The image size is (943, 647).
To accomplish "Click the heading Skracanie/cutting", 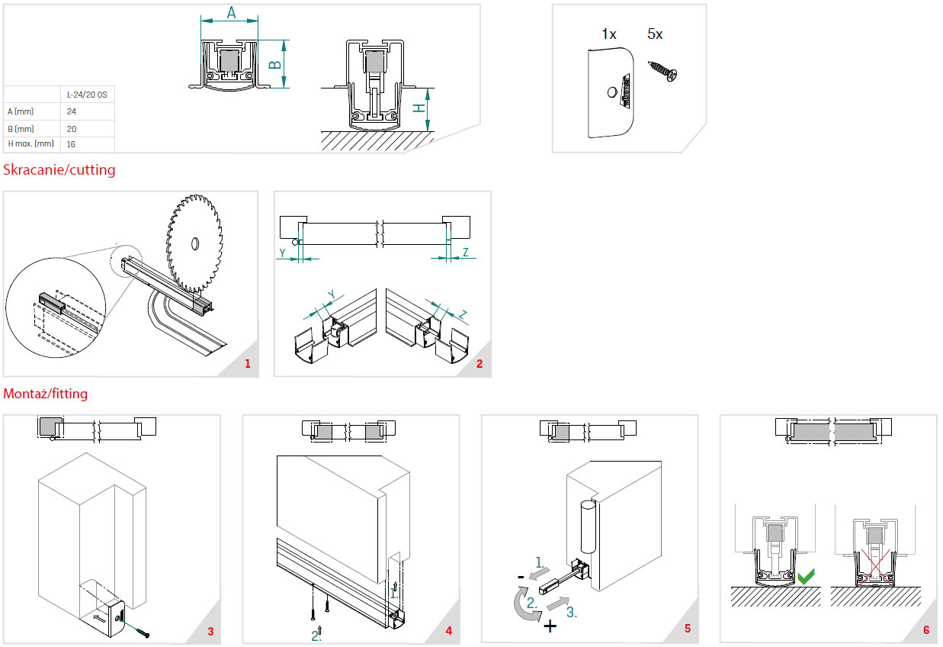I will point(59,169).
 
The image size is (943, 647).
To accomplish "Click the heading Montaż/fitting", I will point(46,394).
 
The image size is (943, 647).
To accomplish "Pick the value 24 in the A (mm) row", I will point(72,111).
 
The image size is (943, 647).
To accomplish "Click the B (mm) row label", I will point(20,128).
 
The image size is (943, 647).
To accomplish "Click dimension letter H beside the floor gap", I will point(419,108).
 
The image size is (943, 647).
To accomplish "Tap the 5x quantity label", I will point(655,34).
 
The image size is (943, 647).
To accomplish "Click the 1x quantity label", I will point(608,34).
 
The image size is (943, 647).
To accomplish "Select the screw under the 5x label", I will point(662,70).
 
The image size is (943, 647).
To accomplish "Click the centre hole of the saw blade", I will point(195,243).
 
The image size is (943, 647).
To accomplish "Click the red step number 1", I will point(247,364).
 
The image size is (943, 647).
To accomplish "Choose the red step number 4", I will point(449,630).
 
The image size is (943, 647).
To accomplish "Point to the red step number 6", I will point(926,630).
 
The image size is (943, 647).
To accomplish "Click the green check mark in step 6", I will point(805,576).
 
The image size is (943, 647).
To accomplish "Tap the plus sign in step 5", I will point(550,626).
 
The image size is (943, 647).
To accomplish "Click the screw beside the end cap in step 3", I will point(142,630).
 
